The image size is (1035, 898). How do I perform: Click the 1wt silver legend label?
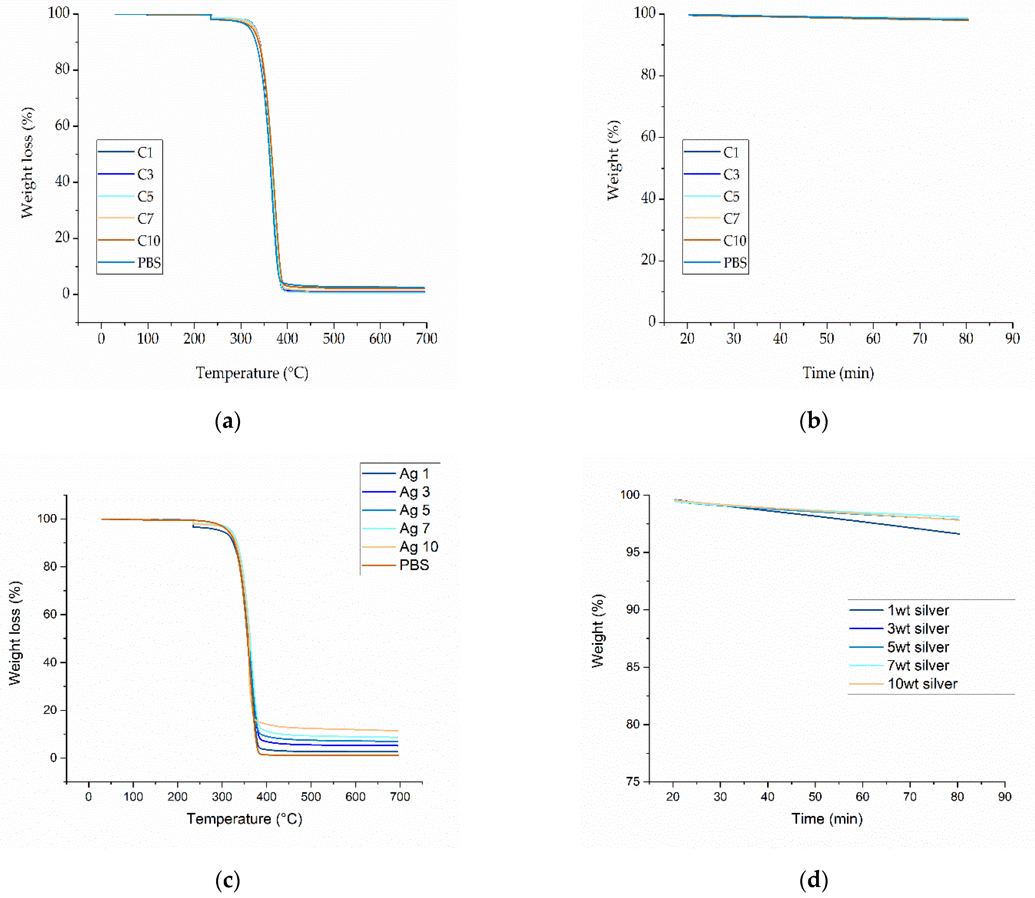point(918,610)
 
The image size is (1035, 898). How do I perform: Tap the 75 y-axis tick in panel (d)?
point(633,782)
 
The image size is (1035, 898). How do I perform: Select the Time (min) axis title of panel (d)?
point(827,819)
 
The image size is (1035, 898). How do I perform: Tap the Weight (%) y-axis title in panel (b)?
point(613,160)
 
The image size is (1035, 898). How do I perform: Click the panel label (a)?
point(228,421)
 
